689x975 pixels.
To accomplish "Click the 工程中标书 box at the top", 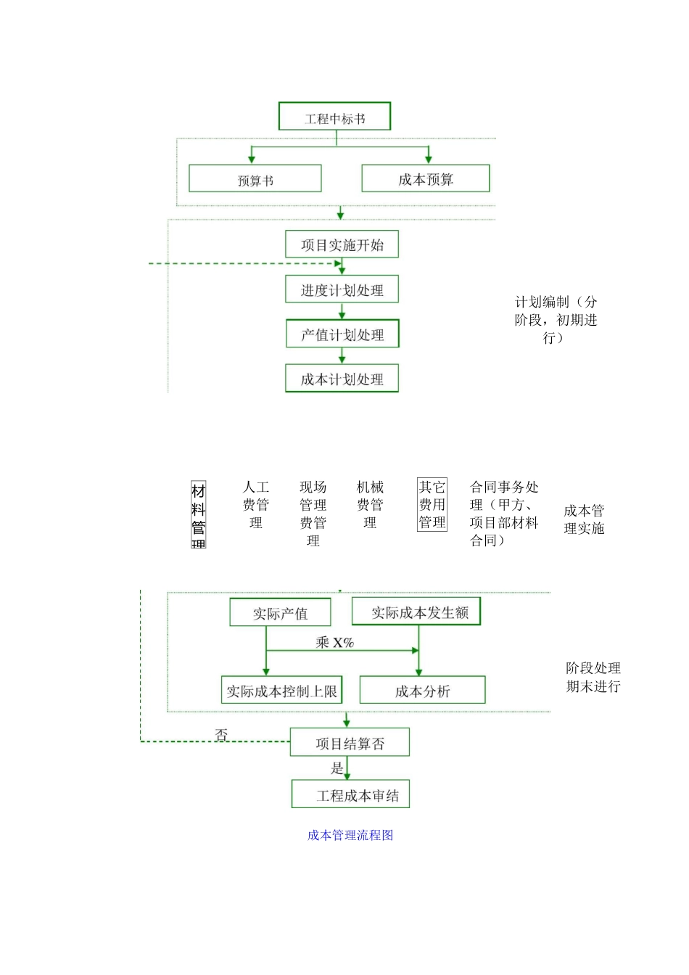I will (x=334, y=117).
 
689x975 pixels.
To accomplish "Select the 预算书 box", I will (x=255, y=179).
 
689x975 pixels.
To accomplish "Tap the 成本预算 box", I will (x=425, y=178).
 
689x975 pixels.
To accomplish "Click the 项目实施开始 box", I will (x=342, y=244).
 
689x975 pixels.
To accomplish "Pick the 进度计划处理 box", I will (x=342, y=289).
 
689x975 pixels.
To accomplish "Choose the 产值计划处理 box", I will (x=342, y=334).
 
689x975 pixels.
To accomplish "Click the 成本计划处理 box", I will (x=342, y=379).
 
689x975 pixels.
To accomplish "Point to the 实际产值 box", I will (x=280, y=613).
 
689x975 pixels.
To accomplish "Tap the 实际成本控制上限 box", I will (x=281, y=691).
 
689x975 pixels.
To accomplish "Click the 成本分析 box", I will (x=422, y=691).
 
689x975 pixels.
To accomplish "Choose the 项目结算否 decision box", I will (x=350, y=743).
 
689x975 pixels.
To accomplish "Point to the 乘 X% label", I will (x=334, y=642).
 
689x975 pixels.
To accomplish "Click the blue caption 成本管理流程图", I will (x=350, y=835).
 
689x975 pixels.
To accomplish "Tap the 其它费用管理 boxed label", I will (x=432, y=504).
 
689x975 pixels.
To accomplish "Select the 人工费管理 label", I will (x=256, y=504).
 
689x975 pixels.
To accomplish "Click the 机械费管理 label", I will (x=370, y=504).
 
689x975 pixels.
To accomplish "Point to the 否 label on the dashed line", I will (x=222, y=734).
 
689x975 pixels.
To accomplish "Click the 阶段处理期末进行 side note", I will (x=593, y=677).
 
